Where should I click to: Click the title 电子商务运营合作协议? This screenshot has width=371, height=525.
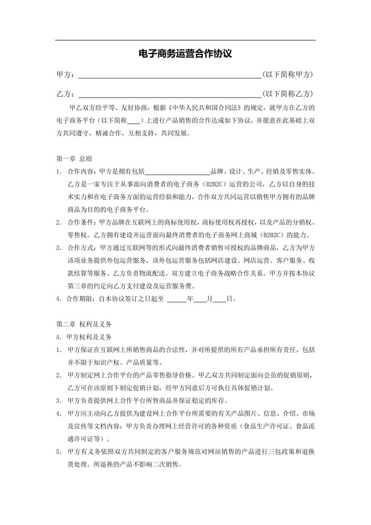185,52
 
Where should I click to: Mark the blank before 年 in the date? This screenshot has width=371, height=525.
177,300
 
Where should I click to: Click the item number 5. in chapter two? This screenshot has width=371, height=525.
60,451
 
